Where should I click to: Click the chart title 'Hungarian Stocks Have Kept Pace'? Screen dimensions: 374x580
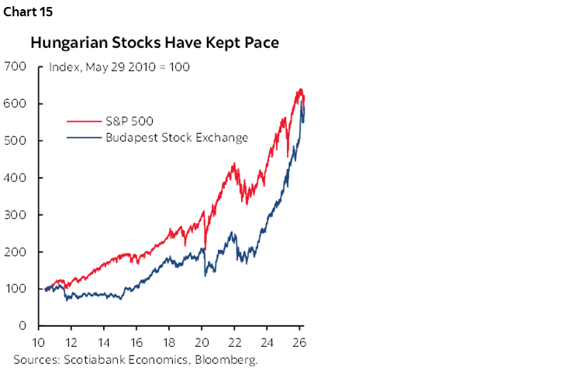coord(155,43)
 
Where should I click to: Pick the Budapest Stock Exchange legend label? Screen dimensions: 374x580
coord(176,138)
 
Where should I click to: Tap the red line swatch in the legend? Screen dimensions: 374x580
coord(83,122)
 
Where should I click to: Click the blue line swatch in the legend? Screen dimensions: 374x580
coord(83,138)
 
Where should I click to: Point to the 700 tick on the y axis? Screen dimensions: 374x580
coord(15,67)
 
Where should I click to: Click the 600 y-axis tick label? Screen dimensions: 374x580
coord(15,104)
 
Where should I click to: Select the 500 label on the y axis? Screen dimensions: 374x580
coord(15,141)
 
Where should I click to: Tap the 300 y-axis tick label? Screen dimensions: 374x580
coord(15,214)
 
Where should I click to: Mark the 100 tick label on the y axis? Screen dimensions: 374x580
coord(15,289)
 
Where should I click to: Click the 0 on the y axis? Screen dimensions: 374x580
coord(22,326)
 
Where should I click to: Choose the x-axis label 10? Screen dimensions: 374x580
coord(38,343)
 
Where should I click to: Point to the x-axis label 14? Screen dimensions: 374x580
coord(103,343)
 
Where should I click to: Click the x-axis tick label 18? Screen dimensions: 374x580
coord(168,343)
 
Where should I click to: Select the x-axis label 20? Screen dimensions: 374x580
coord(201,343)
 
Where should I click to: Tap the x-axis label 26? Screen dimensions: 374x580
coord(299,343)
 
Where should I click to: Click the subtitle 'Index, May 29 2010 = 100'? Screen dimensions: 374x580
coord(119,67)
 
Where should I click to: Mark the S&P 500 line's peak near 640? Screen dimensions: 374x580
coord(299,90)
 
